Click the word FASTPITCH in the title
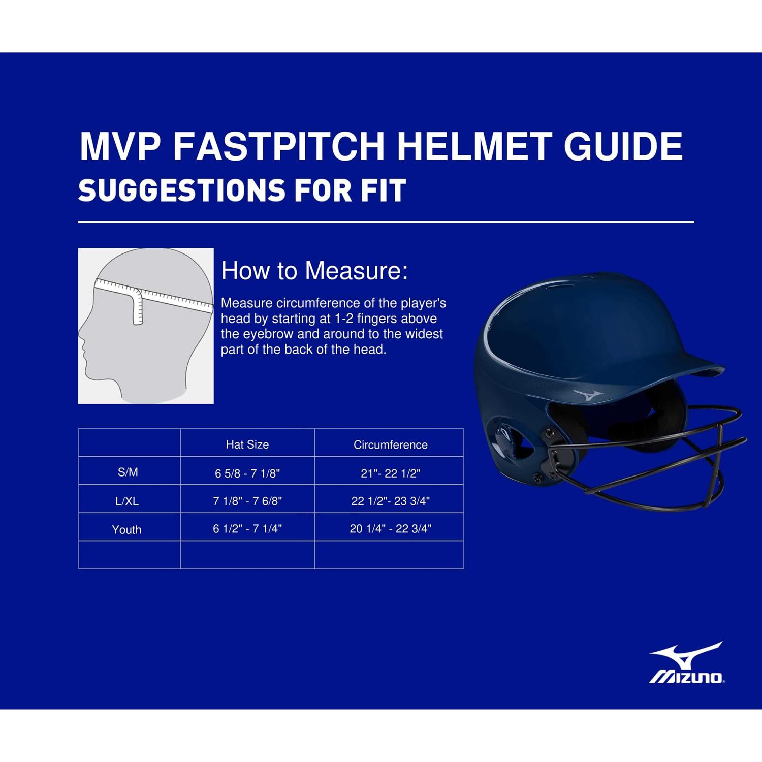pos(278,146)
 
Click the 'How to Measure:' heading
pos(314,270)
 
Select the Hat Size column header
pos(247,444)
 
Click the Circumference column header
pos(391,444)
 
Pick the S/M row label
pos(128,472)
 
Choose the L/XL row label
pos(127,501)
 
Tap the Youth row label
pos(126,529)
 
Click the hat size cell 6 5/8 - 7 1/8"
pos(247,473)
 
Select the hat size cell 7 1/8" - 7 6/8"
pos(247,501)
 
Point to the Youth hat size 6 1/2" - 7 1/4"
pos(247,528)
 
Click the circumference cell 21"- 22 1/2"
pos(391,473)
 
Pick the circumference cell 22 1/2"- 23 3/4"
pos(391,501)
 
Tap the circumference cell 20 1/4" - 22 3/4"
pos(391,528)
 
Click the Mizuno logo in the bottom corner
pos(687,662)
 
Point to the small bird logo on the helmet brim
pos(588,394)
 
